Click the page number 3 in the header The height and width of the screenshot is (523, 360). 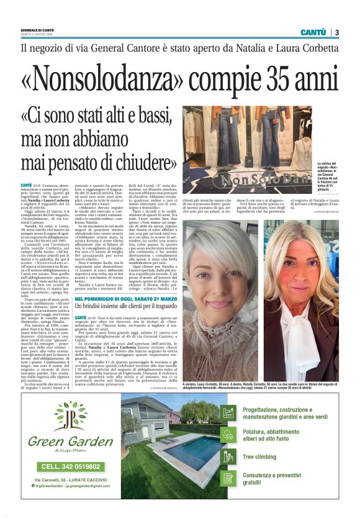pos(336,32)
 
